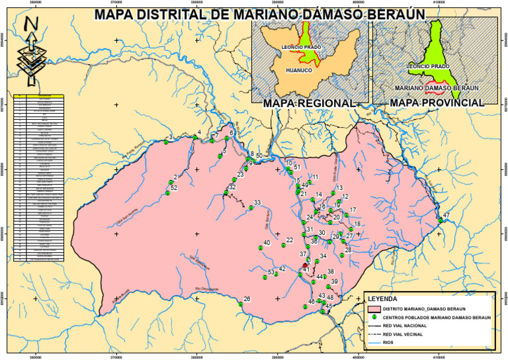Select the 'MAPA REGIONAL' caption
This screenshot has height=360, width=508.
[x=308, y=103]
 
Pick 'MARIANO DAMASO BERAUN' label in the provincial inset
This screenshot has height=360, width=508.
[x=437, y=87]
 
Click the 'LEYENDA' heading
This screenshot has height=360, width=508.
[x=383, y=298]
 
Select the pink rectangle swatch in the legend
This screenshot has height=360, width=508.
[x=374, y=308]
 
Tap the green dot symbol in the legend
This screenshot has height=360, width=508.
[x=374, y=318]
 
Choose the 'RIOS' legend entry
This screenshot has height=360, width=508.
[x=391, y=343]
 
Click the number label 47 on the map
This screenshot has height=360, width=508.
[x=446, y=216]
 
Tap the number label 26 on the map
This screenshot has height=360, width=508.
[x=247, y=299]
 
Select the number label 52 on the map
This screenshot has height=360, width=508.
[x=174, y=189]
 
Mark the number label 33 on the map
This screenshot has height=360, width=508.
[x=257, y=202]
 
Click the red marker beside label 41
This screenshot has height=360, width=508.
[x=305, y=265]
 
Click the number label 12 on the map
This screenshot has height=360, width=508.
[x=345, y=179]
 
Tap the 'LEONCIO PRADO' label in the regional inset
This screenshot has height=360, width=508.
[x=301, y=48]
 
